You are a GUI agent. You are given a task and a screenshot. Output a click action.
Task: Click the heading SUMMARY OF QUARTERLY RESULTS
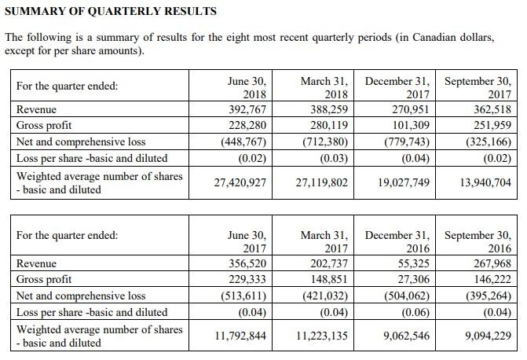point(111,12)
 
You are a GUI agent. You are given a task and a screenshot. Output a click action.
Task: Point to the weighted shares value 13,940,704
point(480,182)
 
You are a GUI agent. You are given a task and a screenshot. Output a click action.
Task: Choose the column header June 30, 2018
point(247,87)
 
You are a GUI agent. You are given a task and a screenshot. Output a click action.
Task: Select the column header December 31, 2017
point(397,87)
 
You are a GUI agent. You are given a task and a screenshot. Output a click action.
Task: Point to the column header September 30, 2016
point(478,241)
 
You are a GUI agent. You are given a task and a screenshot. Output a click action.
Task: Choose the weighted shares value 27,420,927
point(240,182)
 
